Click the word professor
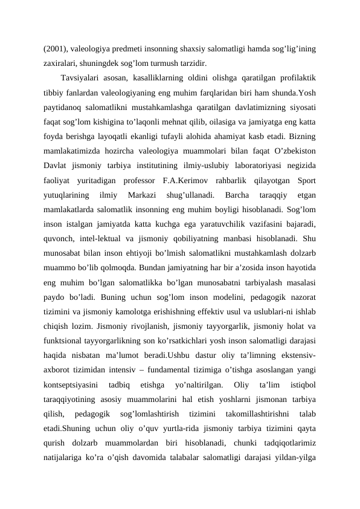click(x=137, y=179)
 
